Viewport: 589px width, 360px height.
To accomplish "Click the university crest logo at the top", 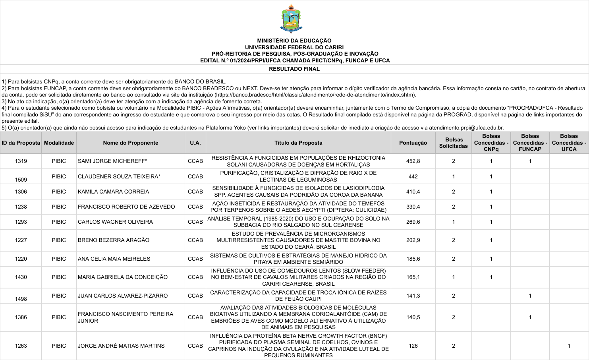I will [292, 19].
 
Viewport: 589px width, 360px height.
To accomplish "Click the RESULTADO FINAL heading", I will [294, 69].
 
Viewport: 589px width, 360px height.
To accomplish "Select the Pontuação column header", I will [413, 143].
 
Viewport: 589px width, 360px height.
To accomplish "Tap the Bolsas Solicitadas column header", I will [453, 143].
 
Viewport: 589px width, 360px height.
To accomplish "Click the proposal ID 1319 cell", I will [21, 161].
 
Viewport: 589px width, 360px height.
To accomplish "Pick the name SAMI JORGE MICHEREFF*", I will [112, 161].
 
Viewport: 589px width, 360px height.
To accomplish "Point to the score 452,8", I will [413, 161].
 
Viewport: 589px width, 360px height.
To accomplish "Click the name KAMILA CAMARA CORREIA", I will [114, 192].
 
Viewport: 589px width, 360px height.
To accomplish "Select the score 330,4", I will [413, 207].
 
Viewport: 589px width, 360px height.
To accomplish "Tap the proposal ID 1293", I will [21, 222].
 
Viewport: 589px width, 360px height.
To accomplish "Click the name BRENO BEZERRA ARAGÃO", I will [114, 240].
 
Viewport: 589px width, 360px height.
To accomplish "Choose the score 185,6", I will [413, 259].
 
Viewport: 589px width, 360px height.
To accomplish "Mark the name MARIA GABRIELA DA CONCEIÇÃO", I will [123, 277].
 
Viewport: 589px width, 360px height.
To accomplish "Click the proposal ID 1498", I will [21, 299].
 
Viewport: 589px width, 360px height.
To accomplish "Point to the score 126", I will [413, 346].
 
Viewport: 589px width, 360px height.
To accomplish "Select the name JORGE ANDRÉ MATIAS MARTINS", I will [121, 346].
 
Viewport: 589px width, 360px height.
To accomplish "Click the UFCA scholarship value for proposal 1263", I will [569, 346].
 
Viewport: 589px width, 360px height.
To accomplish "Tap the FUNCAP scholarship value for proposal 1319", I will [530, 161].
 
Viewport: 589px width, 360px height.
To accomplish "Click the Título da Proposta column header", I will [298, 143].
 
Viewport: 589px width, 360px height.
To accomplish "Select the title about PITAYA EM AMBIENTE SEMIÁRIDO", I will [298, 259].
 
